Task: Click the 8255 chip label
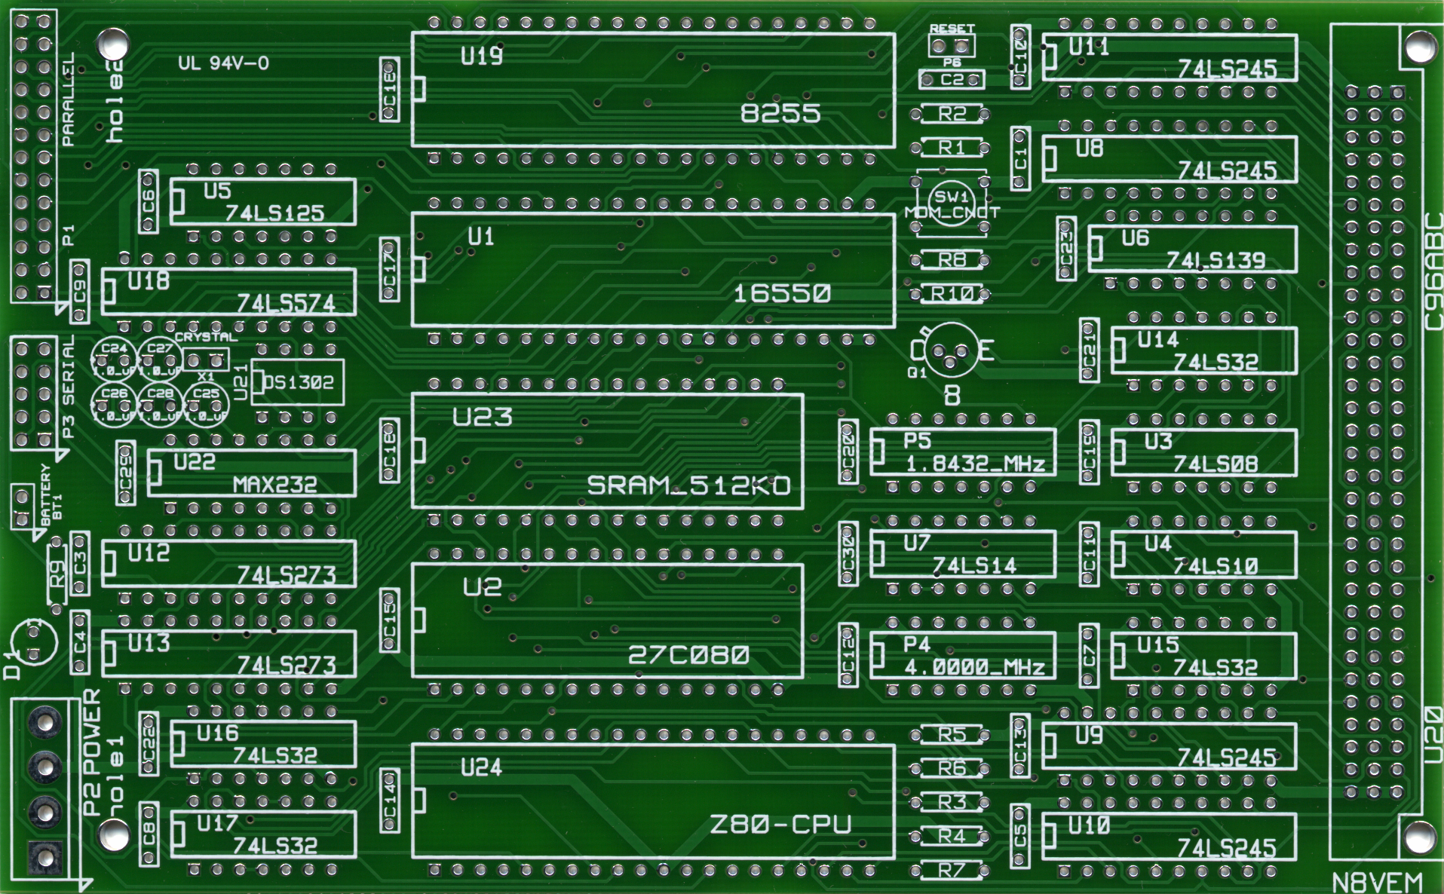780,113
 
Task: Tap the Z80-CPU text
780,825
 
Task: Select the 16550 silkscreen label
782,293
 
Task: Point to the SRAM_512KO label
688,485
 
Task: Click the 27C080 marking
688,655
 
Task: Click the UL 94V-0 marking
223,63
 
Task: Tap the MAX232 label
274,485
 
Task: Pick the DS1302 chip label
299,383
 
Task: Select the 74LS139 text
1216,261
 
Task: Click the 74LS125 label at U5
274,213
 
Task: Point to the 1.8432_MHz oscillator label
975,464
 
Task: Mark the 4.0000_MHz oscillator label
974,667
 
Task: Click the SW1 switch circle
952,202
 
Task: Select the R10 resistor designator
952,294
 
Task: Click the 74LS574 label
286,304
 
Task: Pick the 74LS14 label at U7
974,565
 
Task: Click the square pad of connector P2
44,856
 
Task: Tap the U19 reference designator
482,56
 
